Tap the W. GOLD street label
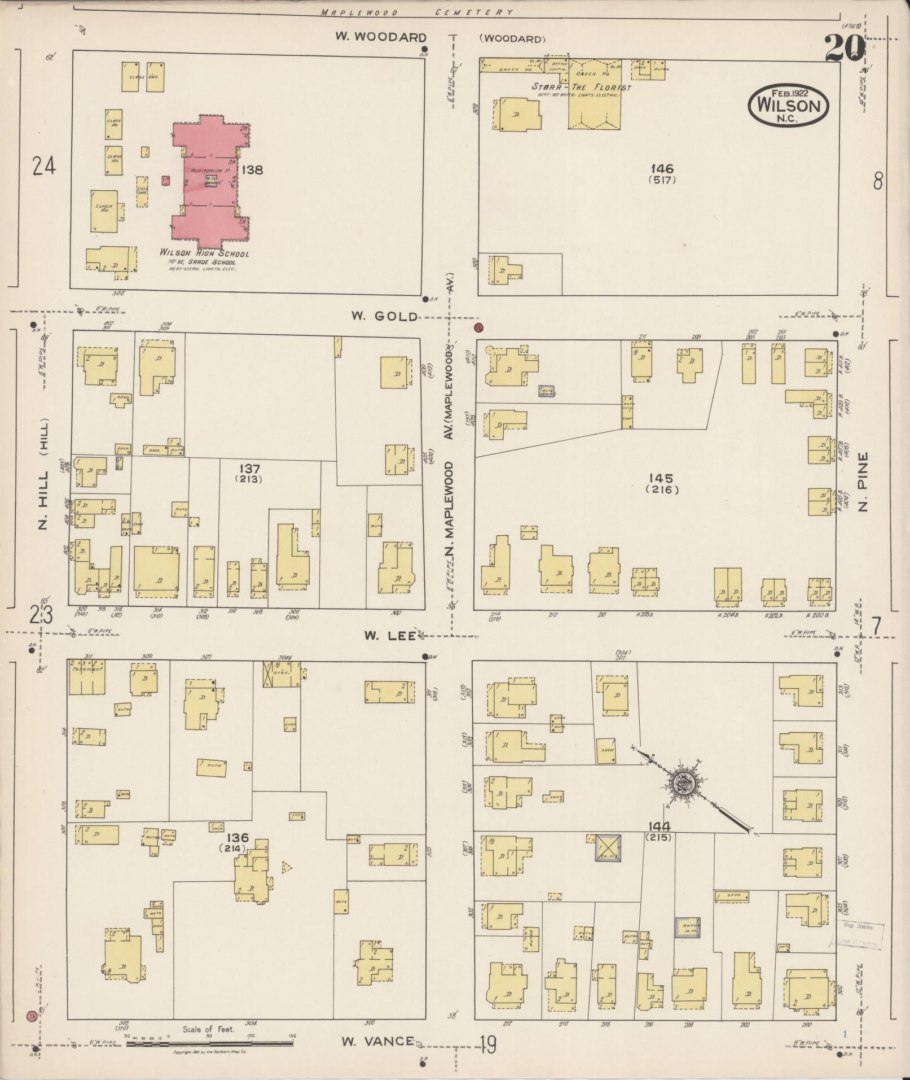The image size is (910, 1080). pyautogui.click(x=385, y=316)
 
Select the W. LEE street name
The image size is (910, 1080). pyautogui.click(x=389, y=636)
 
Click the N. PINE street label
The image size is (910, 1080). pyautogui.click(x=862, y=482)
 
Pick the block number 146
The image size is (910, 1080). pyautogui.click(x=662, y=169)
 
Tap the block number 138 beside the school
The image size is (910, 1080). pyautogui.click(x=252, y=169)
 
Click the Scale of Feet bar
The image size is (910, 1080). pyautogui.click(x=209, y=1044)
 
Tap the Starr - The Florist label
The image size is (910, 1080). pyautogui.click(x=582, y=88)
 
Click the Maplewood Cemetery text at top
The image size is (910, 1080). pyautogui.click(x=416, y=12)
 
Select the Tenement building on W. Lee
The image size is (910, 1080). pyautogui.click(x=86, y=677)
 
